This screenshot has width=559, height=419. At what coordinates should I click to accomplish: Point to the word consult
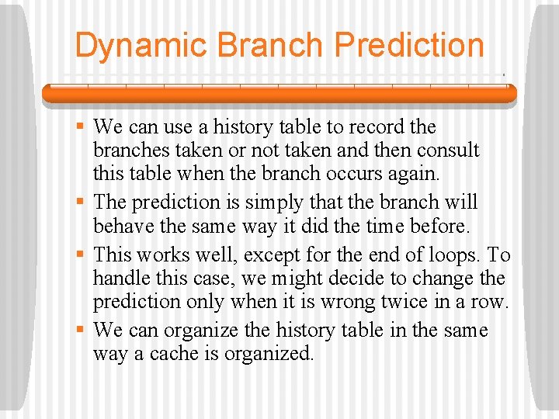tap(447, 150)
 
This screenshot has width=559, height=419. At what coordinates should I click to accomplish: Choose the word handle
tap(119, 278)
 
